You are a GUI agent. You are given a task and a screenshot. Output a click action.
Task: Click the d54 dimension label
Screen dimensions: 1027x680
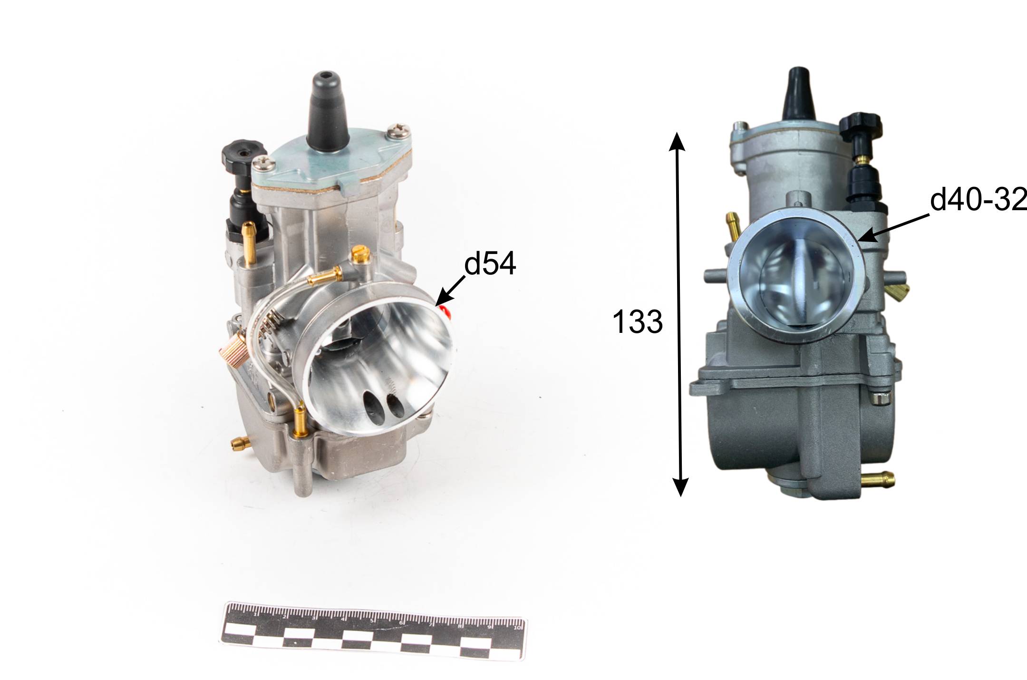tap(490, 264)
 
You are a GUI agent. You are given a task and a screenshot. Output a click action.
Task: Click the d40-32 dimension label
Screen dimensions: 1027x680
tap(979, 200)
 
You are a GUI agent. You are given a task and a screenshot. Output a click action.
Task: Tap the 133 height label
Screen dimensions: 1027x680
tap(637, 321)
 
